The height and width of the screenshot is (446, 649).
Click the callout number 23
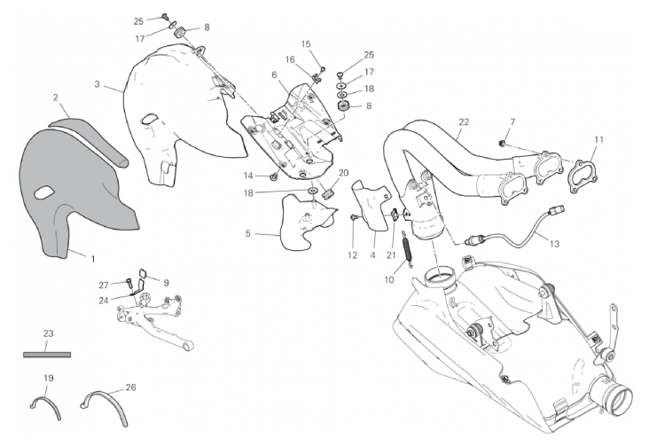click(49, 333)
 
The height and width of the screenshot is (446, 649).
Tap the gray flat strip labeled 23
click(47, 355)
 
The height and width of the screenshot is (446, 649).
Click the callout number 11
click(599, 139)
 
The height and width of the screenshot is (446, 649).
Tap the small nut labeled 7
click(502, 144)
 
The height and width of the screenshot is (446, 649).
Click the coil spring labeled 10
click(407, 246)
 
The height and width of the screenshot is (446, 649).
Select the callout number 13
click(554, 244)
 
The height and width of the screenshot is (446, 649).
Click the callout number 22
click(464, 121)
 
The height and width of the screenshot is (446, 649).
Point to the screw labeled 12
click(354, 217)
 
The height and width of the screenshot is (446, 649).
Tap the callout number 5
click(248, 233)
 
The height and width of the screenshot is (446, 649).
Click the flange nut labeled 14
click(274, 177)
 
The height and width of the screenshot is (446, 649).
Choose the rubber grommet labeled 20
click(328, 193)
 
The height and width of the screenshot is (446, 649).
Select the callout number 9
click(166, 283)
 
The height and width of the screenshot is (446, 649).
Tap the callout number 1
click(93, 259)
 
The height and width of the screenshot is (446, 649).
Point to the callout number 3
click(97, 84)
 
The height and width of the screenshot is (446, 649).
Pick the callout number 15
click(306, 44)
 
